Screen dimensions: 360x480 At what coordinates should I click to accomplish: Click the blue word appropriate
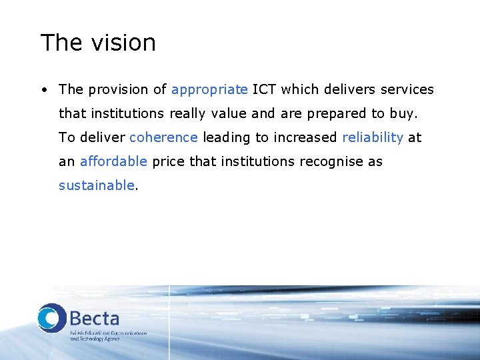click(209, 90)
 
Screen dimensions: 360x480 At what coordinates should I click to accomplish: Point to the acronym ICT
click(265, 89)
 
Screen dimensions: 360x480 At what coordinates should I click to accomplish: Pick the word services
click(407, 89)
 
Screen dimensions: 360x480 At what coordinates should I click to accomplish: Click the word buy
click(403, 114)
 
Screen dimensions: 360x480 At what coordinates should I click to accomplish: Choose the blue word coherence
click(163, 137)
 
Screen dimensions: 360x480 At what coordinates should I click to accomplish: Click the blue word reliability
click(373, 138)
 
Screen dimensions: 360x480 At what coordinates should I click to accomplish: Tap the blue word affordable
click(113, 161)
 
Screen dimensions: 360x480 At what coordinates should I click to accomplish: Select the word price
click(169, 162)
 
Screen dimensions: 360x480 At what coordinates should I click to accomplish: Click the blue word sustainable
click(97, 185)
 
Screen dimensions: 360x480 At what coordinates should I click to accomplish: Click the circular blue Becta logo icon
click(52, 317)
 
